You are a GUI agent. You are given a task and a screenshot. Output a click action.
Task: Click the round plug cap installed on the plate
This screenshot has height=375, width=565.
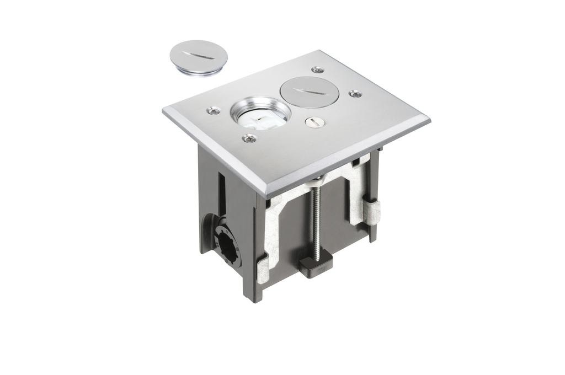coord(309,92)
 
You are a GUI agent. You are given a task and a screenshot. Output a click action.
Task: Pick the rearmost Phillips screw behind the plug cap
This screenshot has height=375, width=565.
coord(317,70)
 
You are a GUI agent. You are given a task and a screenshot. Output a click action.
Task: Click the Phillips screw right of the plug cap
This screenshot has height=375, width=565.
coord(355,94)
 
